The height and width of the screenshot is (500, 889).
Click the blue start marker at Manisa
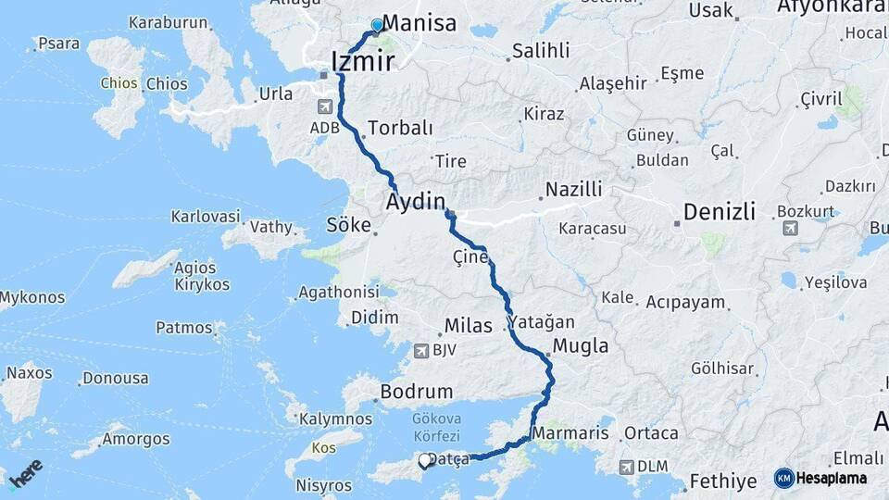(x=377, y=25)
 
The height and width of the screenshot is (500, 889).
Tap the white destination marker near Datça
(x=425, y=460)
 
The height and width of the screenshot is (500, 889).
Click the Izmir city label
(x=363, y=62)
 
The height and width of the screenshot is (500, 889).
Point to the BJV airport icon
(x=422, y=350)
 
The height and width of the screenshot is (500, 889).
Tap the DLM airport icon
(x=627, y=468)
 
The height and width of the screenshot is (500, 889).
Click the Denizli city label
(x=720, y=212)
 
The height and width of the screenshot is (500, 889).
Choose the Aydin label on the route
(x=416, y=201)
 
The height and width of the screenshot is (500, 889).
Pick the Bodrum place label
(x=417, y=392)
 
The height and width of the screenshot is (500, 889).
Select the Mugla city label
(x=581, y=346)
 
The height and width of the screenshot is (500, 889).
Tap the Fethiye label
(x=722, y=481)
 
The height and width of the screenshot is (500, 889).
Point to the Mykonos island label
(x=32, y=297)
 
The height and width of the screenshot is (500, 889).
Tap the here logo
(x=26, y=469)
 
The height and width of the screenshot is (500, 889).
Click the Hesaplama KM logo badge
(x=820, y=478)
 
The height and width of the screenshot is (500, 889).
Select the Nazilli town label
(x=573, y=189)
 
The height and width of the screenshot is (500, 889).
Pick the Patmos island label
(x=184, y=327)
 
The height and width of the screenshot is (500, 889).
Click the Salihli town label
(x=541, y=51)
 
